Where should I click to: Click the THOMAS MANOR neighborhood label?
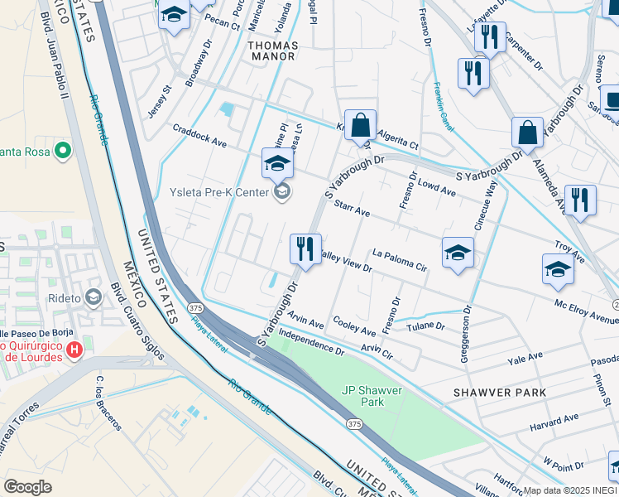[271, 50]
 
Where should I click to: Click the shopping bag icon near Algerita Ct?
[360, 127]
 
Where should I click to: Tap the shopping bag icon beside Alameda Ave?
[527, 133]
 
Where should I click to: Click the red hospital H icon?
[74, 349]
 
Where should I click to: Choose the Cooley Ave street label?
[354, 326]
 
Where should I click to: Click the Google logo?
[27, 486]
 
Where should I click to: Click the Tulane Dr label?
[427, 326]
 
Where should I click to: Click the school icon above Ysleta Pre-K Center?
[277, 163]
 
